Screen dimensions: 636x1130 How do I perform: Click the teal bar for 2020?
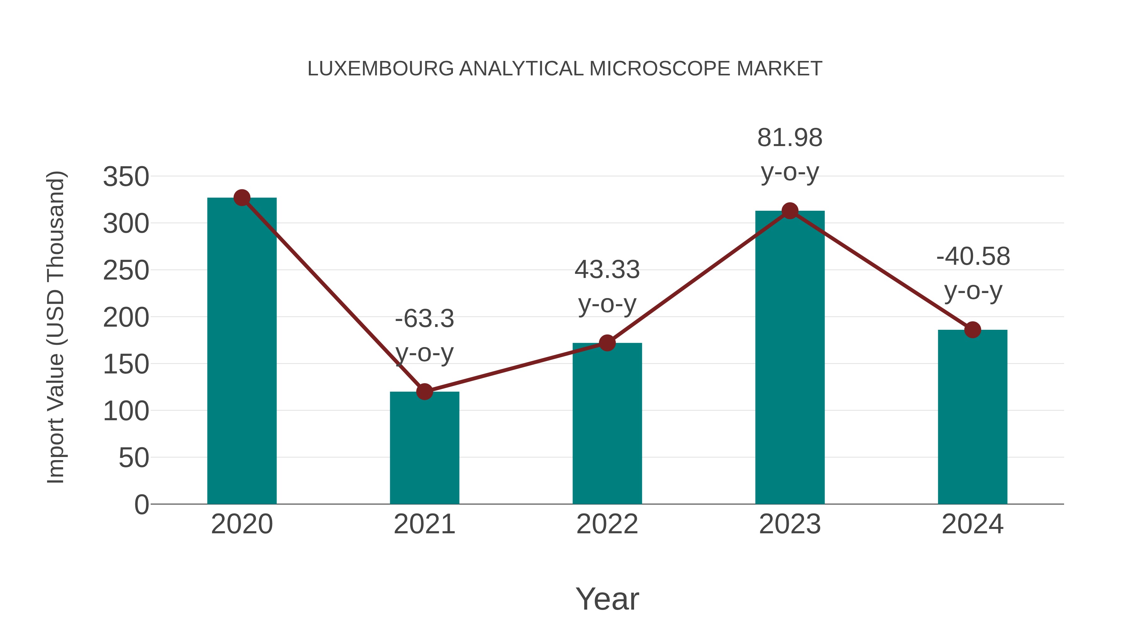pyautogui.click(x=242, y=351)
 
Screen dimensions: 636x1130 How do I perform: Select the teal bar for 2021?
pyautogui.click(x=424, y=448)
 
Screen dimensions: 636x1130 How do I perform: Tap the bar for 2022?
pyautogui.click(x=607, y=424)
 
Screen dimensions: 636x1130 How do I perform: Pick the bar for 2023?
pyautogui.click(x=790, y=358)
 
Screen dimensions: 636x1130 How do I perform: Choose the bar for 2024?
pyautogui.click(x=972, y=417)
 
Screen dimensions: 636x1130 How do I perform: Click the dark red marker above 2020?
pyautogui.click(x=242, y=198)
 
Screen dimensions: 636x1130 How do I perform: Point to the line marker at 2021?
pyautogui.click(x=424, y=392)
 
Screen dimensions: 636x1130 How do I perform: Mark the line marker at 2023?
pyautogui.click(x=790, y=211)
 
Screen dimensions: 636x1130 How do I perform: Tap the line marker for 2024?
pyautogui.click(x=972, y=330)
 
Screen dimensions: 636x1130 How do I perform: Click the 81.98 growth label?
pyautogui.click(x=790, y=138)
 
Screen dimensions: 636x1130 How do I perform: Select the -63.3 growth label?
pyautogui.click(x=424, y=319)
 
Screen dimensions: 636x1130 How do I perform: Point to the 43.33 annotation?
pyautogui.click(x=607, y=269)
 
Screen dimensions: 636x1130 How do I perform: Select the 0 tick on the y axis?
pyautogui.click(x=141, y=505)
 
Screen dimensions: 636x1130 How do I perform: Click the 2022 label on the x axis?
pyautogui.click(x=607, y=524)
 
